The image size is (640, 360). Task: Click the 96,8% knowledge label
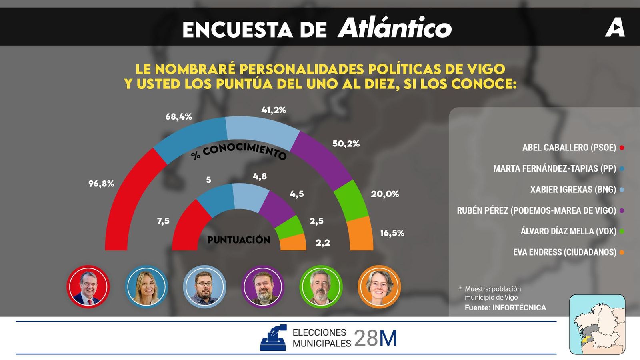[x=101, y=184]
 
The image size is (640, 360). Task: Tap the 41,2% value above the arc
[x=274, y=110]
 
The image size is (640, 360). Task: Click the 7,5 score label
[x=163, y=221]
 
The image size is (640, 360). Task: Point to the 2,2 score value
[x=323, y=242]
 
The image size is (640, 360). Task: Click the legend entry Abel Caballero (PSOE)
[x=569, y=148]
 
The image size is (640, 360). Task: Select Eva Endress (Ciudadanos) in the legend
[x=564, y=252]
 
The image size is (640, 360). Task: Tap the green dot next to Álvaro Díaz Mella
[x=622, y=231]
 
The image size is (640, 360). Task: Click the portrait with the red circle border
[x=88, y=286]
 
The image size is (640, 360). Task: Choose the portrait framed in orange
[x=379, y=286]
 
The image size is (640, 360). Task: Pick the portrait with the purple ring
[x=263, y=286]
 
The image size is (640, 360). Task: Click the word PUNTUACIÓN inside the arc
[x=238, y=240]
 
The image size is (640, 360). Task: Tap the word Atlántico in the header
[x=395, y=28]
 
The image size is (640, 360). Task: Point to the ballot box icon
[x=274, y=338]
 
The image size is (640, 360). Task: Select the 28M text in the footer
[x=376, y=338]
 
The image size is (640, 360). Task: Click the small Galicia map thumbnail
[x=597, y=324]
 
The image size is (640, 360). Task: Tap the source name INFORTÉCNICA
[x=519, y=308]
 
